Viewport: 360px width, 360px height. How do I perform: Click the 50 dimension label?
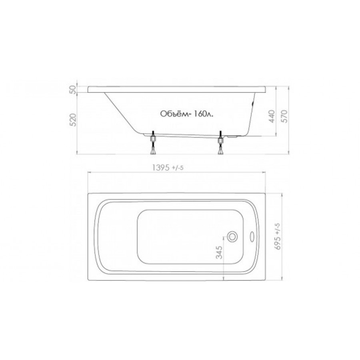72,89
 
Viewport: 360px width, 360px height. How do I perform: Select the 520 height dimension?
73,120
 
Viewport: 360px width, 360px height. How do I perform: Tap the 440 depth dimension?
272,116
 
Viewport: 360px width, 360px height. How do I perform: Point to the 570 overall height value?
284,116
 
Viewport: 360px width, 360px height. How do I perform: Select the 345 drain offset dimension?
220,252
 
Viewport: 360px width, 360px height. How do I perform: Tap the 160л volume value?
203,114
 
